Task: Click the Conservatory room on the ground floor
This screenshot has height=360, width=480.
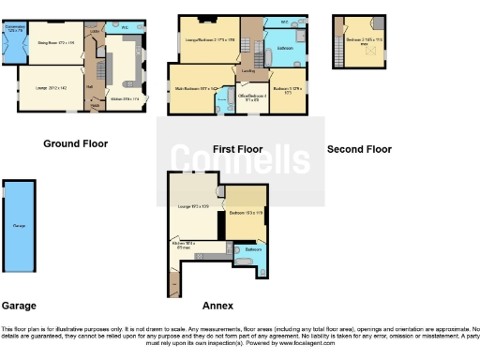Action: pyautogui.click(x=15, y=41)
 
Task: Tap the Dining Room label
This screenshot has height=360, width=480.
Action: pyautogui.click(x=55, y=42)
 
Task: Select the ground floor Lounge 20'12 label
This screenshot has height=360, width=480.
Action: pyautogui.click(x=51, y=87)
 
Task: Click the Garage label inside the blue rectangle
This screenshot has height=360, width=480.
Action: pyautogui.click(x=19, y=227)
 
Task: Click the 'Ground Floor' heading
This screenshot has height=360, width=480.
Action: pyautogui.click(x=75, y=144)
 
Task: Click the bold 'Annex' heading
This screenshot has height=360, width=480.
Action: pyautogui.click(x=217, y=306)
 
